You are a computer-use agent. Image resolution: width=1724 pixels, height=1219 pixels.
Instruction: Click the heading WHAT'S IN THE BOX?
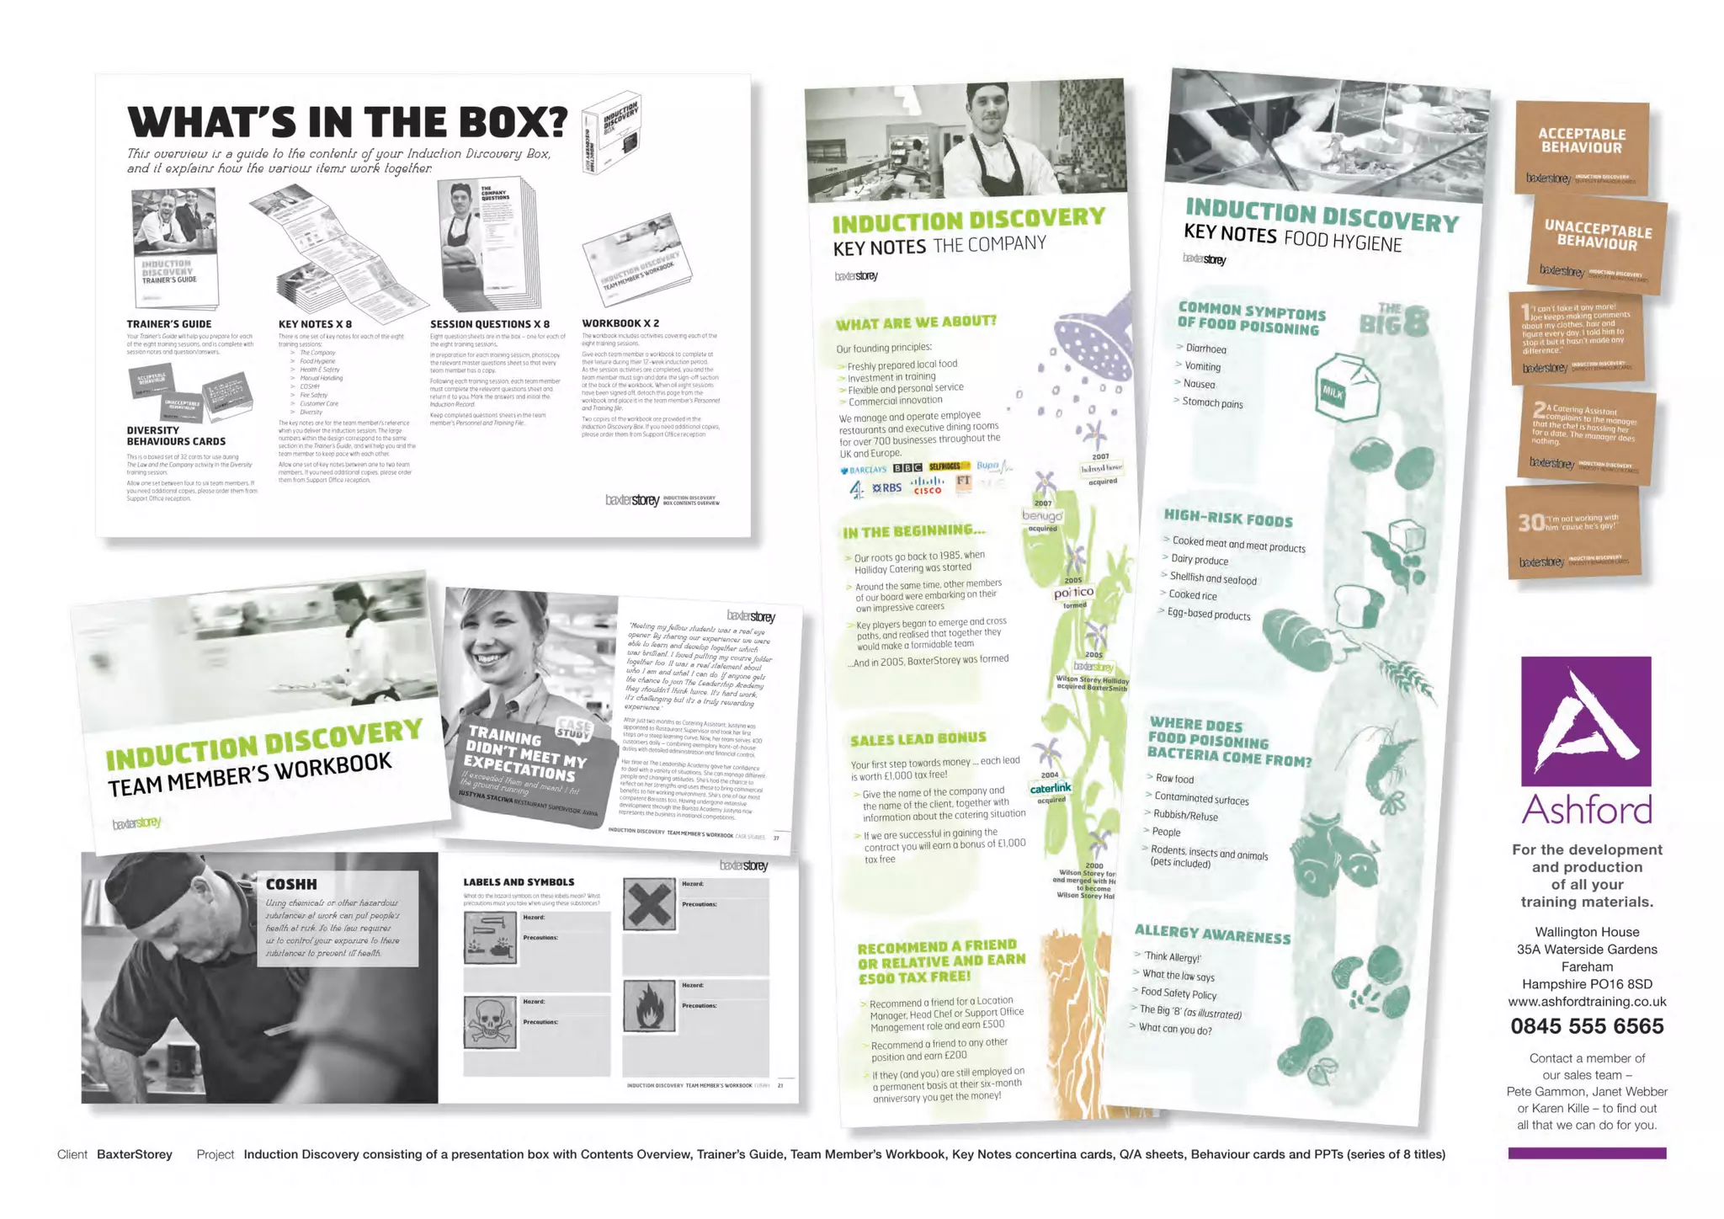click(x=347, y=122)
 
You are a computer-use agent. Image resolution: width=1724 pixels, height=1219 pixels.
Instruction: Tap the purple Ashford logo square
click(x=1586, y=721)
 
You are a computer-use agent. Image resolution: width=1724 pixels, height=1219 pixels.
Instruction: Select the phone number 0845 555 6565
click(x=1587, y=1026)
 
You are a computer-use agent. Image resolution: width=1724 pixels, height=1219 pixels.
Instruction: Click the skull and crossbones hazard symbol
click(x=490, y=1021)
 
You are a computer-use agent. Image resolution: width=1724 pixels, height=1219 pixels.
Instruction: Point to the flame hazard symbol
click(x=649, y=1006)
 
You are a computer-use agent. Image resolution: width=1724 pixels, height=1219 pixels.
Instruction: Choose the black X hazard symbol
click(x=649, y=905)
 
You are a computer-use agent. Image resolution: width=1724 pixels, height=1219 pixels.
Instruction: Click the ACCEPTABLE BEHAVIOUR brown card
click(x=1582, y=147)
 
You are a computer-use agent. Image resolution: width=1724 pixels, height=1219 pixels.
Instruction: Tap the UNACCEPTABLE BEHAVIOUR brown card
click(x=1597, y=242)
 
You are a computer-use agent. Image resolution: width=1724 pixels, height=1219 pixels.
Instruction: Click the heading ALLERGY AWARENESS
click(x=1212, y=934)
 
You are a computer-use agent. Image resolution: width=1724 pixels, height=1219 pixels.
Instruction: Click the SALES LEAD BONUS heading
click(x=918, y=739)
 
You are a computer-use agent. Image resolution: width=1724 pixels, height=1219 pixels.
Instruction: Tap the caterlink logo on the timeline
click(x=1051, y=788)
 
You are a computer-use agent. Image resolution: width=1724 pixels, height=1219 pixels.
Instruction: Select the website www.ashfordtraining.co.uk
click(x=1587, y=1002)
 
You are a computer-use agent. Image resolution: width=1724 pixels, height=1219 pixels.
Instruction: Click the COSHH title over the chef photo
click(x=291, y=884)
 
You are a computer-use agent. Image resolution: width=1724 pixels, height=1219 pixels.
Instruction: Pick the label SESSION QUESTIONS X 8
click(x=489, y=324)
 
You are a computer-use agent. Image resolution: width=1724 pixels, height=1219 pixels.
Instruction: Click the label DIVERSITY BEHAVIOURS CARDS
click(x=176, y=435)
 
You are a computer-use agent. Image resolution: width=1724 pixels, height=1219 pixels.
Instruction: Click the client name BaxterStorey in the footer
click(x=135, y=1154)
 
